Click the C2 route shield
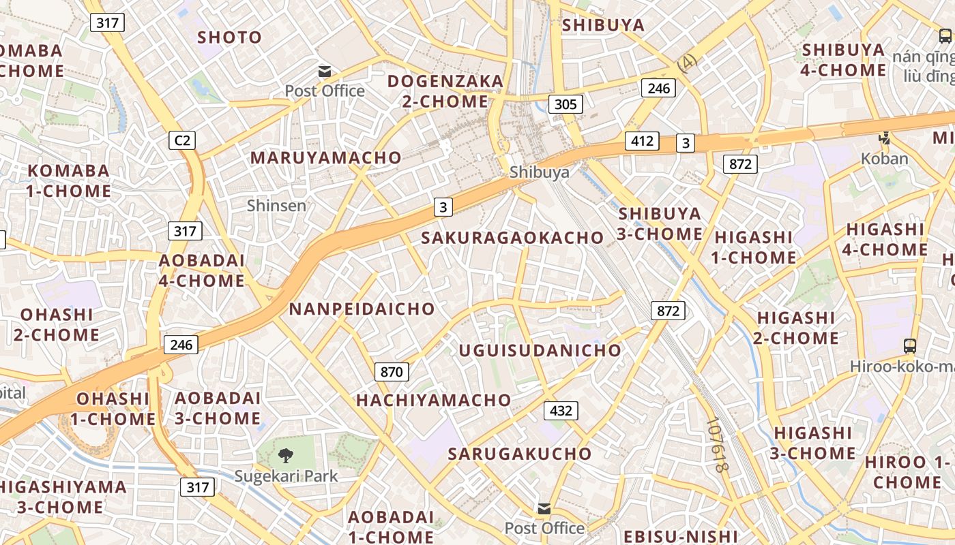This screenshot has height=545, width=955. (182, 140)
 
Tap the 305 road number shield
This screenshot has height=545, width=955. (565, 104)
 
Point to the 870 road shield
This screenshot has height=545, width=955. (392, 372)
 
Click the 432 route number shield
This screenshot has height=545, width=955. (561, 411)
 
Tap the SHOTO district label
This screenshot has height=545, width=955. (230, 37)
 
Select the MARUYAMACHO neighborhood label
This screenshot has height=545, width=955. (326, 157)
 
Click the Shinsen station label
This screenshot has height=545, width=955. (276, 205)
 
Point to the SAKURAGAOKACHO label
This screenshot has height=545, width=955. (512, 238)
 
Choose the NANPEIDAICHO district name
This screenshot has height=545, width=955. (362, 309)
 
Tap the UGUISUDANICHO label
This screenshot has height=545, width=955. (540, 351)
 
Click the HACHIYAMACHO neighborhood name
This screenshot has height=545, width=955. (433, 400)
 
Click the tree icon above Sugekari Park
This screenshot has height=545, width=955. (286, 454)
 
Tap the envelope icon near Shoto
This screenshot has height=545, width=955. (325, 71)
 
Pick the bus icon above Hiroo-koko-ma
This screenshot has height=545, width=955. (909, 345)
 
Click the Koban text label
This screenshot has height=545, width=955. (885, 159)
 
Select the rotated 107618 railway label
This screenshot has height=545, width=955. (718, 446)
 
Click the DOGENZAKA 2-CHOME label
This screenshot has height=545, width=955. (445, 91)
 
